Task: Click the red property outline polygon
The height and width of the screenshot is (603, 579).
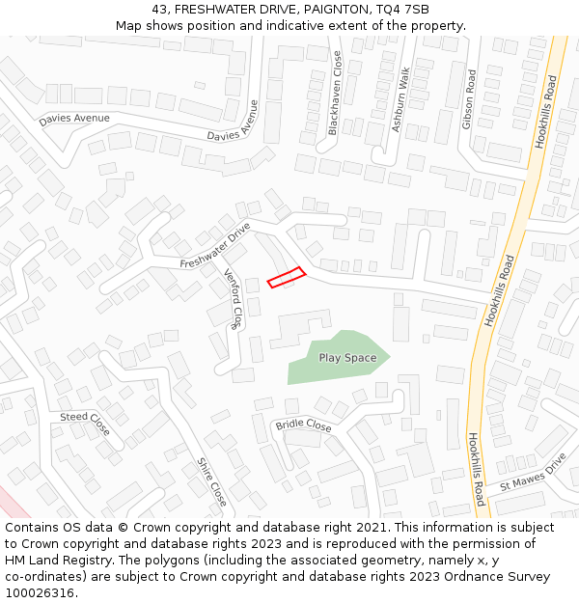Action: click(286, 277)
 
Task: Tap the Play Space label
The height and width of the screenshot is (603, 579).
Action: click(347, 358)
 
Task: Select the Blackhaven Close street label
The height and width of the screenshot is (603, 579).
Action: click(336, 93)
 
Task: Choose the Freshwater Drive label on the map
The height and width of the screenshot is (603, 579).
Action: click(215, 248)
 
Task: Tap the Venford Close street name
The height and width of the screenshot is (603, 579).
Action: click(234, 298)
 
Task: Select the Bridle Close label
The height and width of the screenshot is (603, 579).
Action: click(303, 425)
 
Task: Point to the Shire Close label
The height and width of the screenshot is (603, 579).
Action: click(211, 481)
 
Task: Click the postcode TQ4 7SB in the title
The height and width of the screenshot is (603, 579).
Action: click(403, 9)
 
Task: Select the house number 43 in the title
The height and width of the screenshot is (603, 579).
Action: click(159, 9)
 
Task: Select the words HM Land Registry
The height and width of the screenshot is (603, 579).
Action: click(52, 561)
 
